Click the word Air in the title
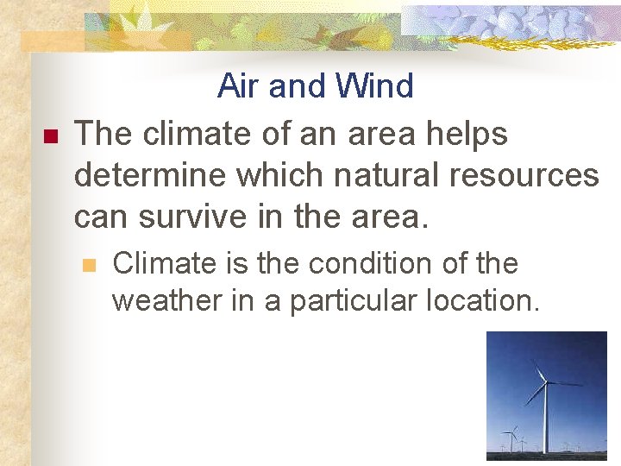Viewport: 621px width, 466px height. point(239,86)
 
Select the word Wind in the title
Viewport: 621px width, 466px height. point(375,86)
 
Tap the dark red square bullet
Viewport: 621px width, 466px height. point(48,136)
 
